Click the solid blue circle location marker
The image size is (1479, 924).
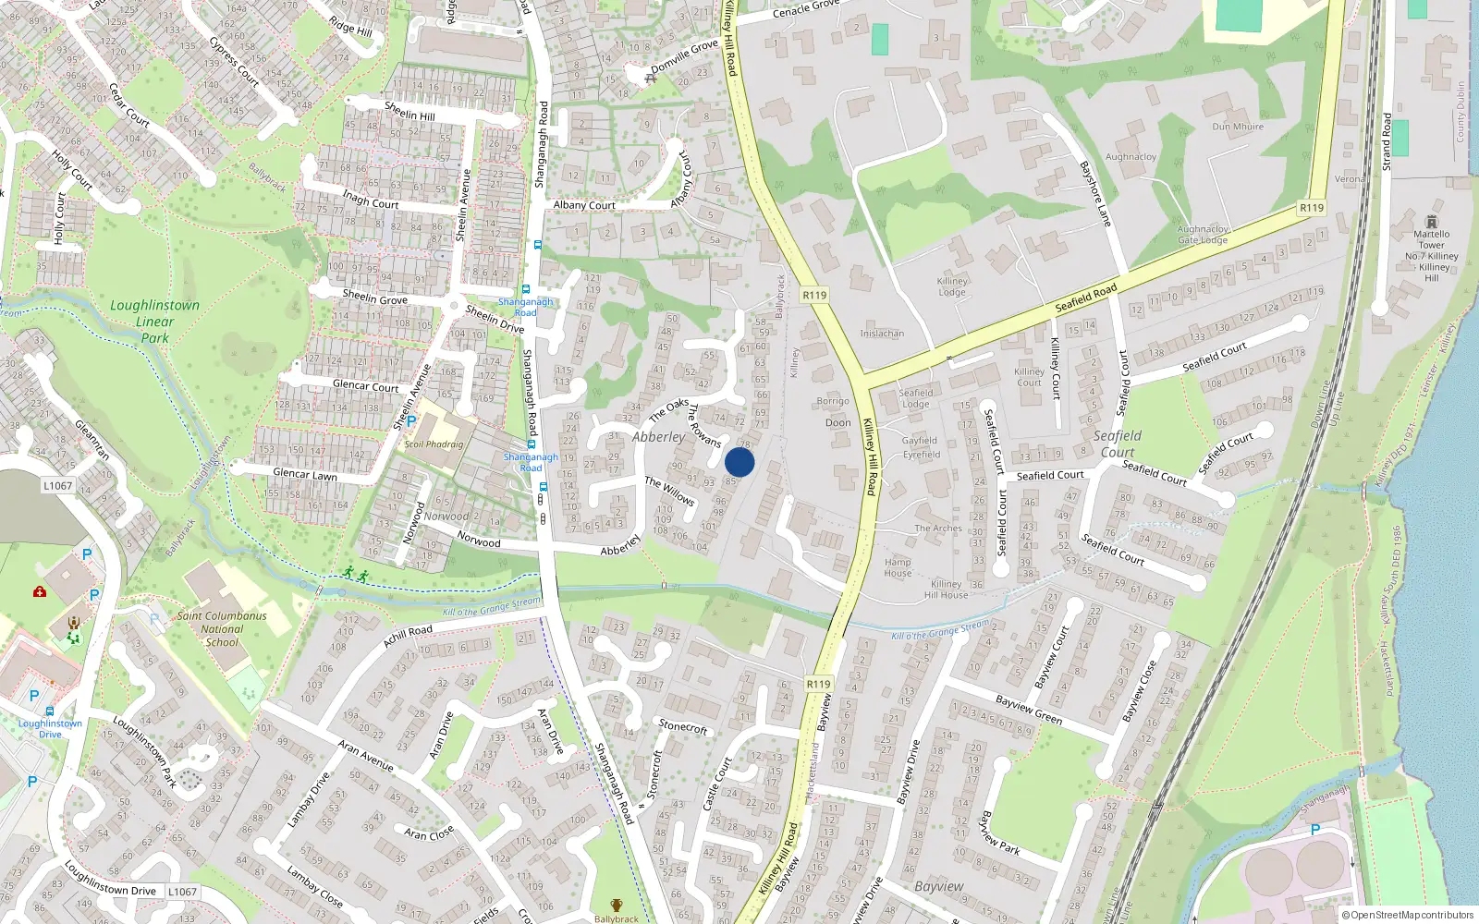click(739, 463)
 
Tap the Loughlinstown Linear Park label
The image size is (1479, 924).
click(154, 322)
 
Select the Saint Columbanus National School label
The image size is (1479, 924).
click(222, 629)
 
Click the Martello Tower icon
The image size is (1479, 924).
click(1432, 222)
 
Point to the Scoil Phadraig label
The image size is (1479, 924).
click(434, 444)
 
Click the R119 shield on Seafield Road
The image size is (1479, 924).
click(1311, 208)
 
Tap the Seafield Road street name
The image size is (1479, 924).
click(1086, 298)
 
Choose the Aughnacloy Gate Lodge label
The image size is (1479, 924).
click(1203, 235)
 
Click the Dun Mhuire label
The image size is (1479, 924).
click(1238, 127)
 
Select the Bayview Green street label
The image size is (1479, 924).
click(1029, 710)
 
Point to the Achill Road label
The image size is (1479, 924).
click(408, 636)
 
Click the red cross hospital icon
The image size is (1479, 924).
click(40, 591)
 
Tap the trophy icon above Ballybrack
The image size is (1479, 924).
click(617, 906)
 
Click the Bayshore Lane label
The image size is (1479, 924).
click(1095, 194)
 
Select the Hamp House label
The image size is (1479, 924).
click(898, 567)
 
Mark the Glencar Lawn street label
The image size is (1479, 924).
click(305, 474)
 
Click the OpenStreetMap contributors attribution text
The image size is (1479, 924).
click(1412, 916)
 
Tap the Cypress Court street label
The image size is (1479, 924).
click(234, 61)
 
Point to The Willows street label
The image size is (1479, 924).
click(669, 491)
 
